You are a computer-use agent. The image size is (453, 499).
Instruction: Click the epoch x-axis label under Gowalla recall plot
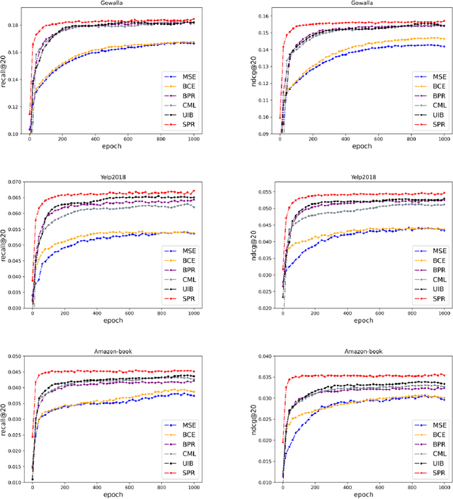point(108,146)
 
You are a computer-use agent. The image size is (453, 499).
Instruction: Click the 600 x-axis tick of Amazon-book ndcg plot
point(378,489)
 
